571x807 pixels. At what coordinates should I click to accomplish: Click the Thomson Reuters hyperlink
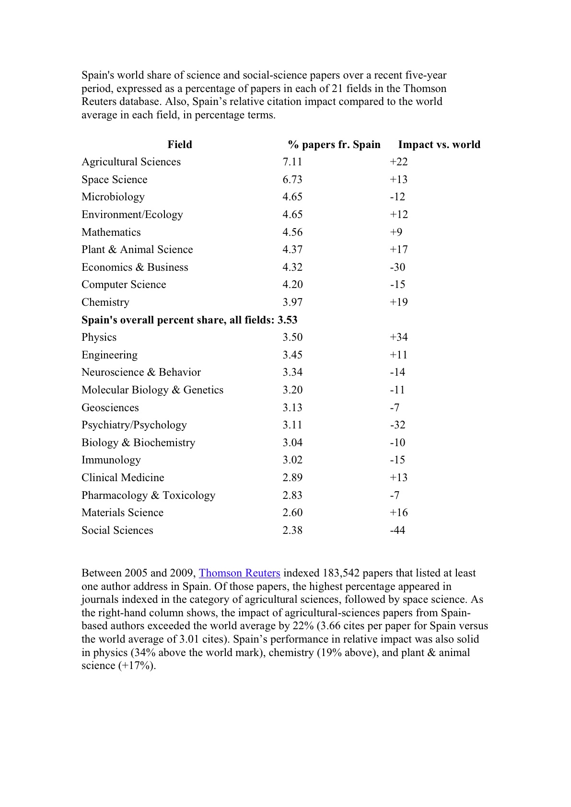coord(239,573)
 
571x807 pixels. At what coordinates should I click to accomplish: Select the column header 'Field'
coord(180,145)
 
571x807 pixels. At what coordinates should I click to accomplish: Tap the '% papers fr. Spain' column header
coord(334,145)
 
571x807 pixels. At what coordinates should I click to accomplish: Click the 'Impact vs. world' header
coord(439,145)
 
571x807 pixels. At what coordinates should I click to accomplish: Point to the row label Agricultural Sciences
coord(131,162)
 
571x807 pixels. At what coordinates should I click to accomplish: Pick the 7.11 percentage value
coord(292,162)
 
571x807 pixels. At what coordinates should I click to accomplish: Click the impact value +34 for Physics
coord(399,337)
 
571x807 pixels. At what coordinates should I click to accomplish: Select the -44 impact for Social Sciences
coord(397,530)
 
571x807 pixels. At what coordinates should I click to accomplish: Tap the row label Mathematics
coord(111,232)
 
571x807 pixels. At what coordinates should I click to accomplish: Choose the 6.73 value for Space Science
coord(292,180)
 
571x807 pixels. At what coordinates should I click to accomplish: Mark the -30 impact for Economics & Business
coord(397,267)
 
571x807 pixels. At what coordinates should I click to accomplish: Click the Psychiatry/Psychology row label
coord(134,425)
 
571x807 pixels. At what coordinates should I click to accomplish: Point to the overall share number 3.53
coord(288,320)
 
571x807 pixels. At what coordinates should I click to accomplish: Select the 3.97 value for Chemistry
coord(292,302)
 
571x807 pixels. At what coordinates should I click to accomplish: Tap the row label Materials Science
coord(122,513)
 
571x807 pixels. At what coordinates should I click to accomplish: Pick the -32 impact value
coord(397,425)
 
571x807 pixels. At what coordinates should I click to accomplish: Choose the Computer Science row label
coord(124,285)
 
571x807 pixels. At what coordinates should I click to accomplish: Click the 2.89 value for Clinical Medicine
coord(292,478)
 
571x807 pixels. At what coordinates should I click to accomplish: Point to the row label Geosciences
coord(110,408)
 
